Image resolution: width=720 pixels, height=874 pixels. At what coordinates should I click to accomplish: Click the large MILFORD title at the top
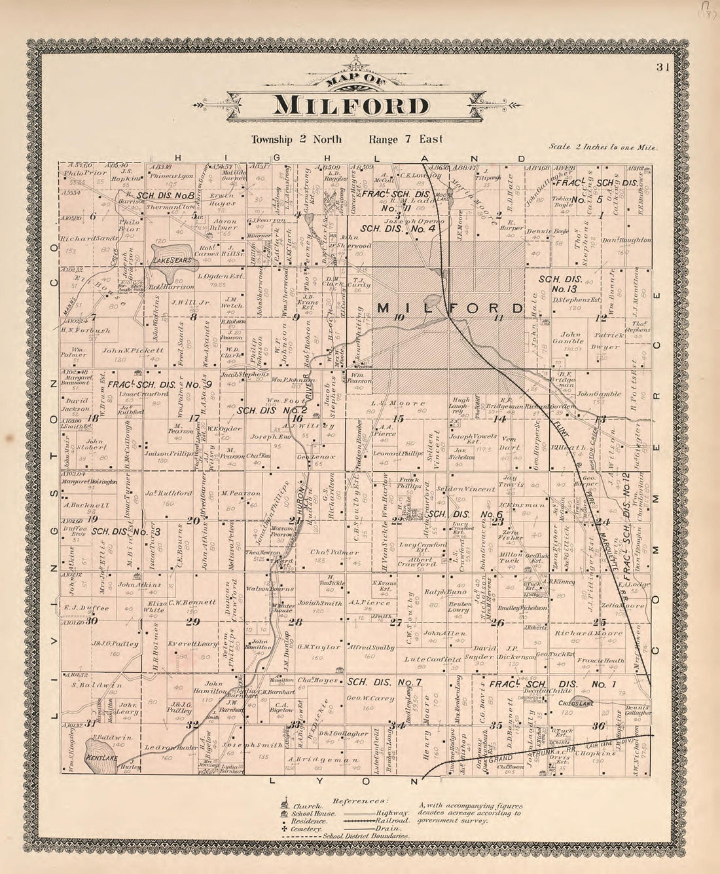[351, 105]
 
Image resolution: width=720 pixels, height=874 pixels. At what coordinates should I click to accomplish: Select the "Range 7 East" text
[405, 139]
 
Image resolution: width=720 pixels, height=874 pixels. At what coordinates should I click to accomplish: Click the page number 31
[662, 66]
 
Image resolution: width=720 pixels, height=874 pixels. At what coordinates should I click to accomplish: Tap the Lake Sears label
[171, 260]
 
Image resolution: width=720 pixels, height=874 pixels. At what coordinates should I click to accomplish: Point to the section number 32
[192, 725]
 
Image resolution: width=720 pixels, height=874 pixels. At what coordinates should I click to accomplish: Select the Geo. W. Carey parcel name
[370, 698]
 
